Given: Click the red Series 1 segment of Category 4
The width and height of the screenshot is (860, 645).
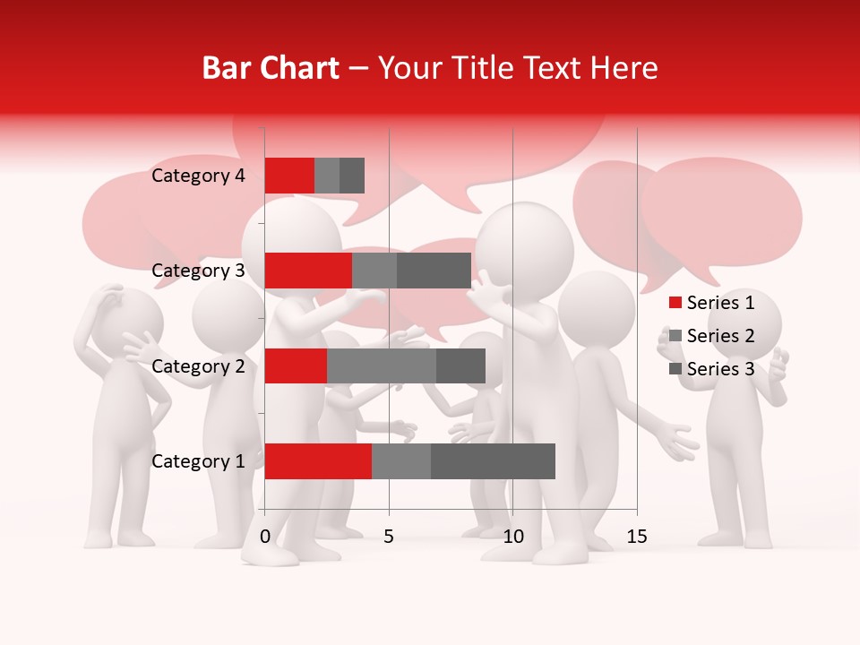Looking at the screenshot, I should coord(289,176).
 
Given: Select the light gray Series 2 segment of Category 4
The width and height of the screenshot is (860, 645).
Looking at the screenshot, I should coord(327,176).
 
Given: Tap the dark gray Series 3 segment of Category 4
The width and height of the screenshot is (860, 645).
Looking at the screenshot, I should coord(352,176).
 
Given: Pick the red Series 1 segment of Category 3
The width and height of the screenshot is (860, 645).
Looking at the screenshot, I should coord(308,271).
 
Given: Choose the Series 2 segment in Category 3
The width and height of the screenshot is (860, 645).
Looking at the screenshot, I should coord(374,271).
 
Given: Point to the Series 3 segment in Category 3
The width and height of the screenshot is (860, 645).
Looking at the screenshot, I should coord(434,271).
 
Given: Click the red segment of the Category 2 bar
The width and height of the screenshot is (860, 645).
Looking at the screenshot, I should coord(296,365).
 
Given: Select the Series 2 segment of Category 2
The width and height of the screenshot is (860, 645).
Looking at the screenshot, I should coord(382,365).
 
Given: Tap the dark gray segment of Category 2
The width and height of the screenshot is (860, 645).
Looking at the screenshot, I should coord(460,365).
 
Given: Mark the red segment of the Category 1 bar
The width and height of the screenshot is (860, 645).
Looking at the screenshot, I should coord(318,460).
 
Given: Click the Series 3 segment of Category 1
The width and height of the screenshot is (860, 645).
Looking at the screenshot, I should coord(493,460).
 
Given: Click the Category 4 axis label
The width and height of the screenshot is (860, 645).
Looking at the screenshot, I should coord(198,176).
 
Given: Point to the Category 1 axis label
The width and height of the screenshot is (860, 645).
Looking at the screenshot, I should coord(198,461).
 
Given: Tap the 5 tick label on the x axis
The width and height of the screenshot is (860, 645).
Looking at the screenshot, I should coord(389,537).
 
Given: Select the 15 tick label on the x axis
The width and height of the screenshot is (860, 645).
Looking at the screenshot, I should coord(636,537).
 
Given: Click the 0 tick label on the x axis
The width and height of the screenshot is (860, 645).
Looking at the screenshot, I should coord(265,537).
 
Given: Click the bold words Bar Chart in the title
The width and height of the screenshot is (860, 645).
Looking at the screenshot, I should coord(271,68).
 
